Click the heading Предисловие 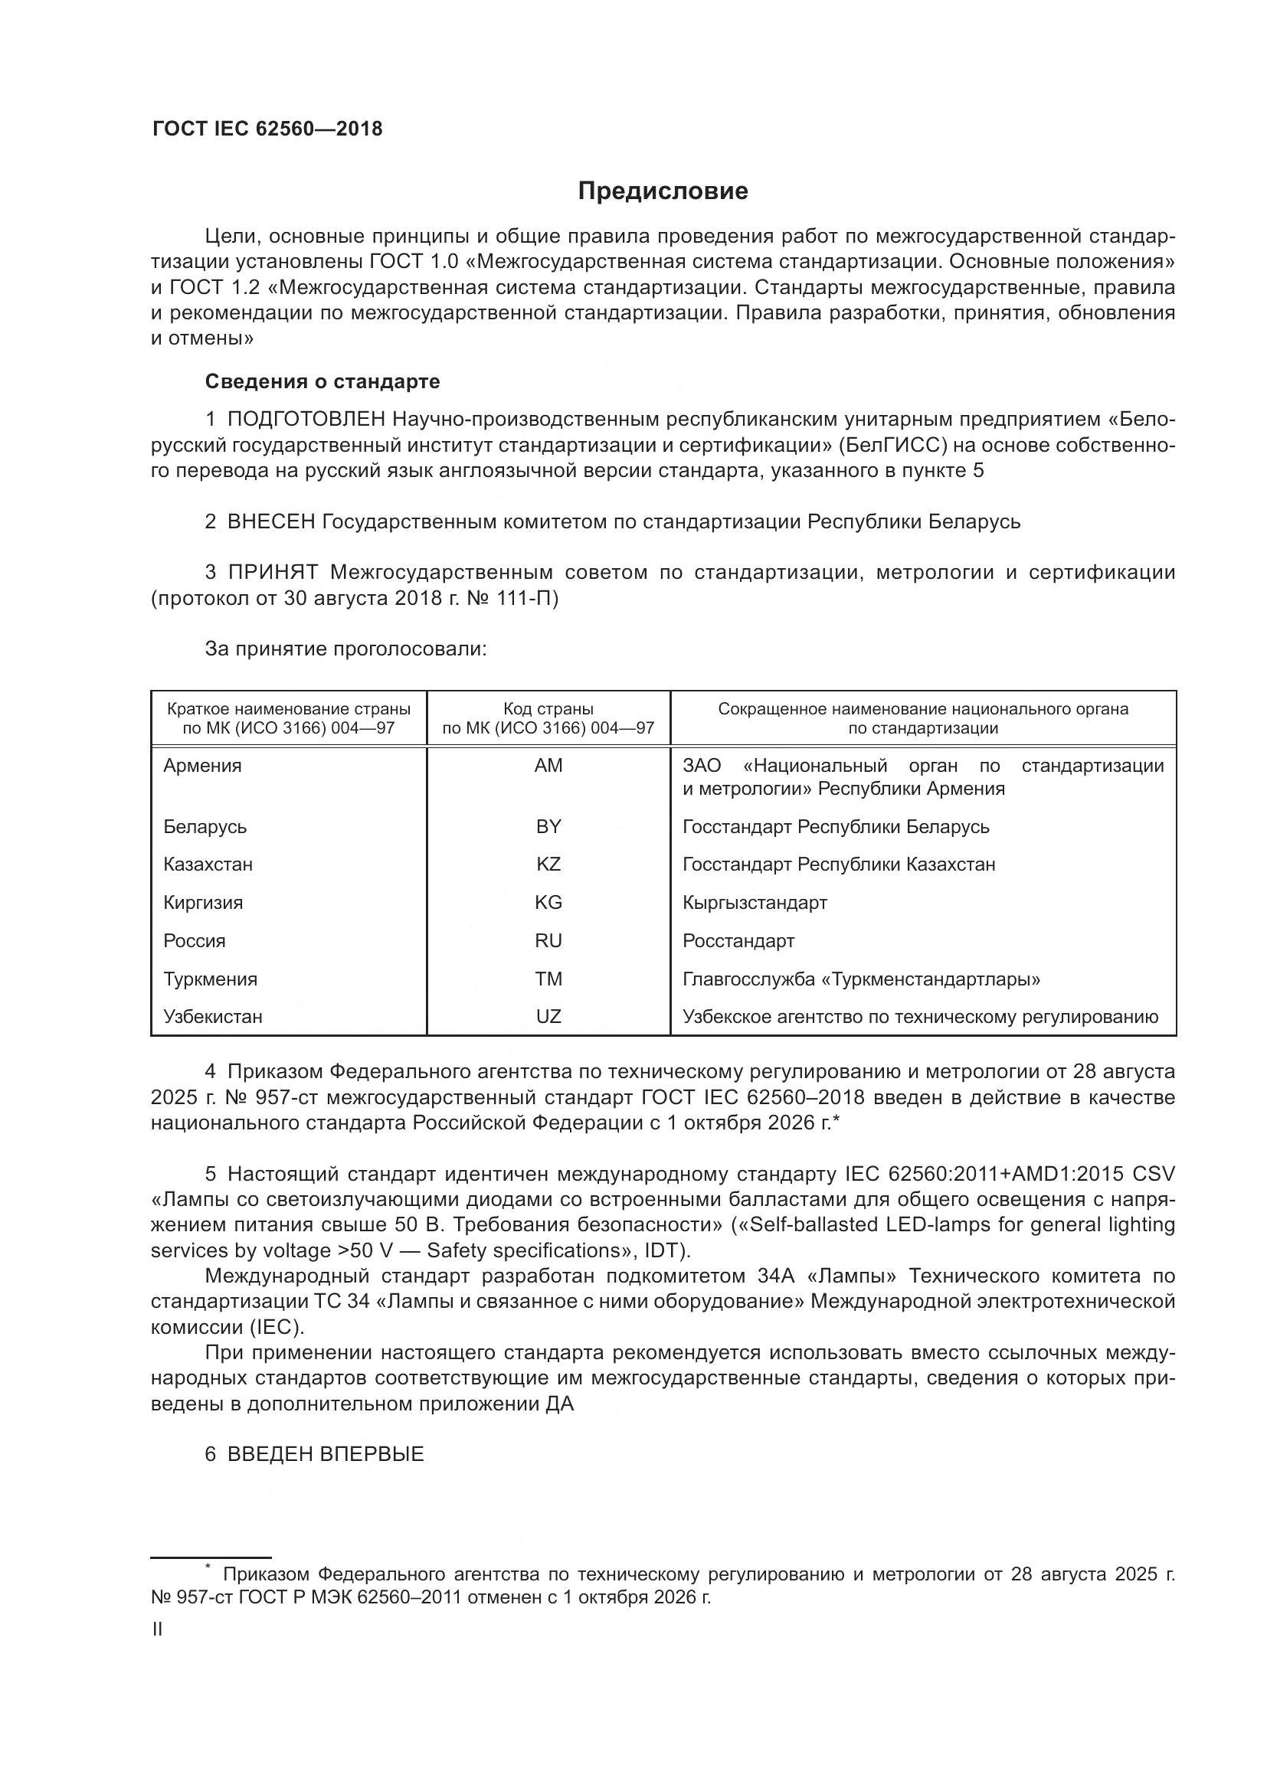(663, 191)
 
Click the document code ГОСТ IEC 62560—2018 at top (267, 129)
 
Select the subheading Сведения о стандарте (322, 381)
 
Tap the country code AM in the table (548, 766)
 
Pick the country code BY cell (548, 826)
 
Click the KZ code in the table (548, 864)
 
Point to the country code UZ (548, 1016)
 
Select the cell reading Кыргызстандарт (755, 903)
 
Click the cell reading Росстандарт (738, 941)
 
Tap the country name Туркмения (210, 979)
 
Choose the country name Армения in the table (202, 766)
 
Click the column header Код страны (548, 709)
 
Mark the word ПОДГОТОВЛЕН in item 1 (306, 420)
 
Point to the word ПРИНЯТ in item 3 (272, 573)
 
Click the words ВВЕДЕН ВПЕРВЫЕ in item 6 (326, 1454)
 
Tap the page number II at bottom (157, 1629)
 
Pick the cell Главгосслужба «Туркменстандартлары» (860, 979)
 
